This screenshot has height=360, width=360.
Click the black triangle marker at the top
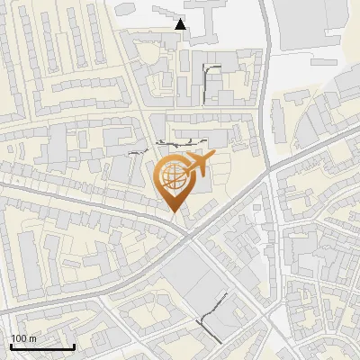[x=181, y=25]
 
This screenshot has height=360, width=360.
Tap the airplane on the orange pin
[x=199, y=165]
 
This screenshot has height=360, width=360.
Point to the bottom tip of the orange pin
[x=174, y=212]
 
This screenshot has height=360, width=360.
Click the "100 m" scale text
[x=23, y=338]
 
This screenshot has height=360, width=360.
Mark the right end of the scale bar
[x=74, y=346]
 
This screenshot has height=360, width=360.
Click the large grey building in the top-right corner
[x=310, y=22]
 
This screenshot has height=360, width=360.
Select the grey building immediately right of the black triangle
[x=203, y=22]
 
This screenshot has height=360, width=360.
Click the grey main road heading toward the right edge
[x=315, y=144]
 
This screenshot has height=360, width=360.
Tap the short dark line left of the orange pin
[x=136, y=154]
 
